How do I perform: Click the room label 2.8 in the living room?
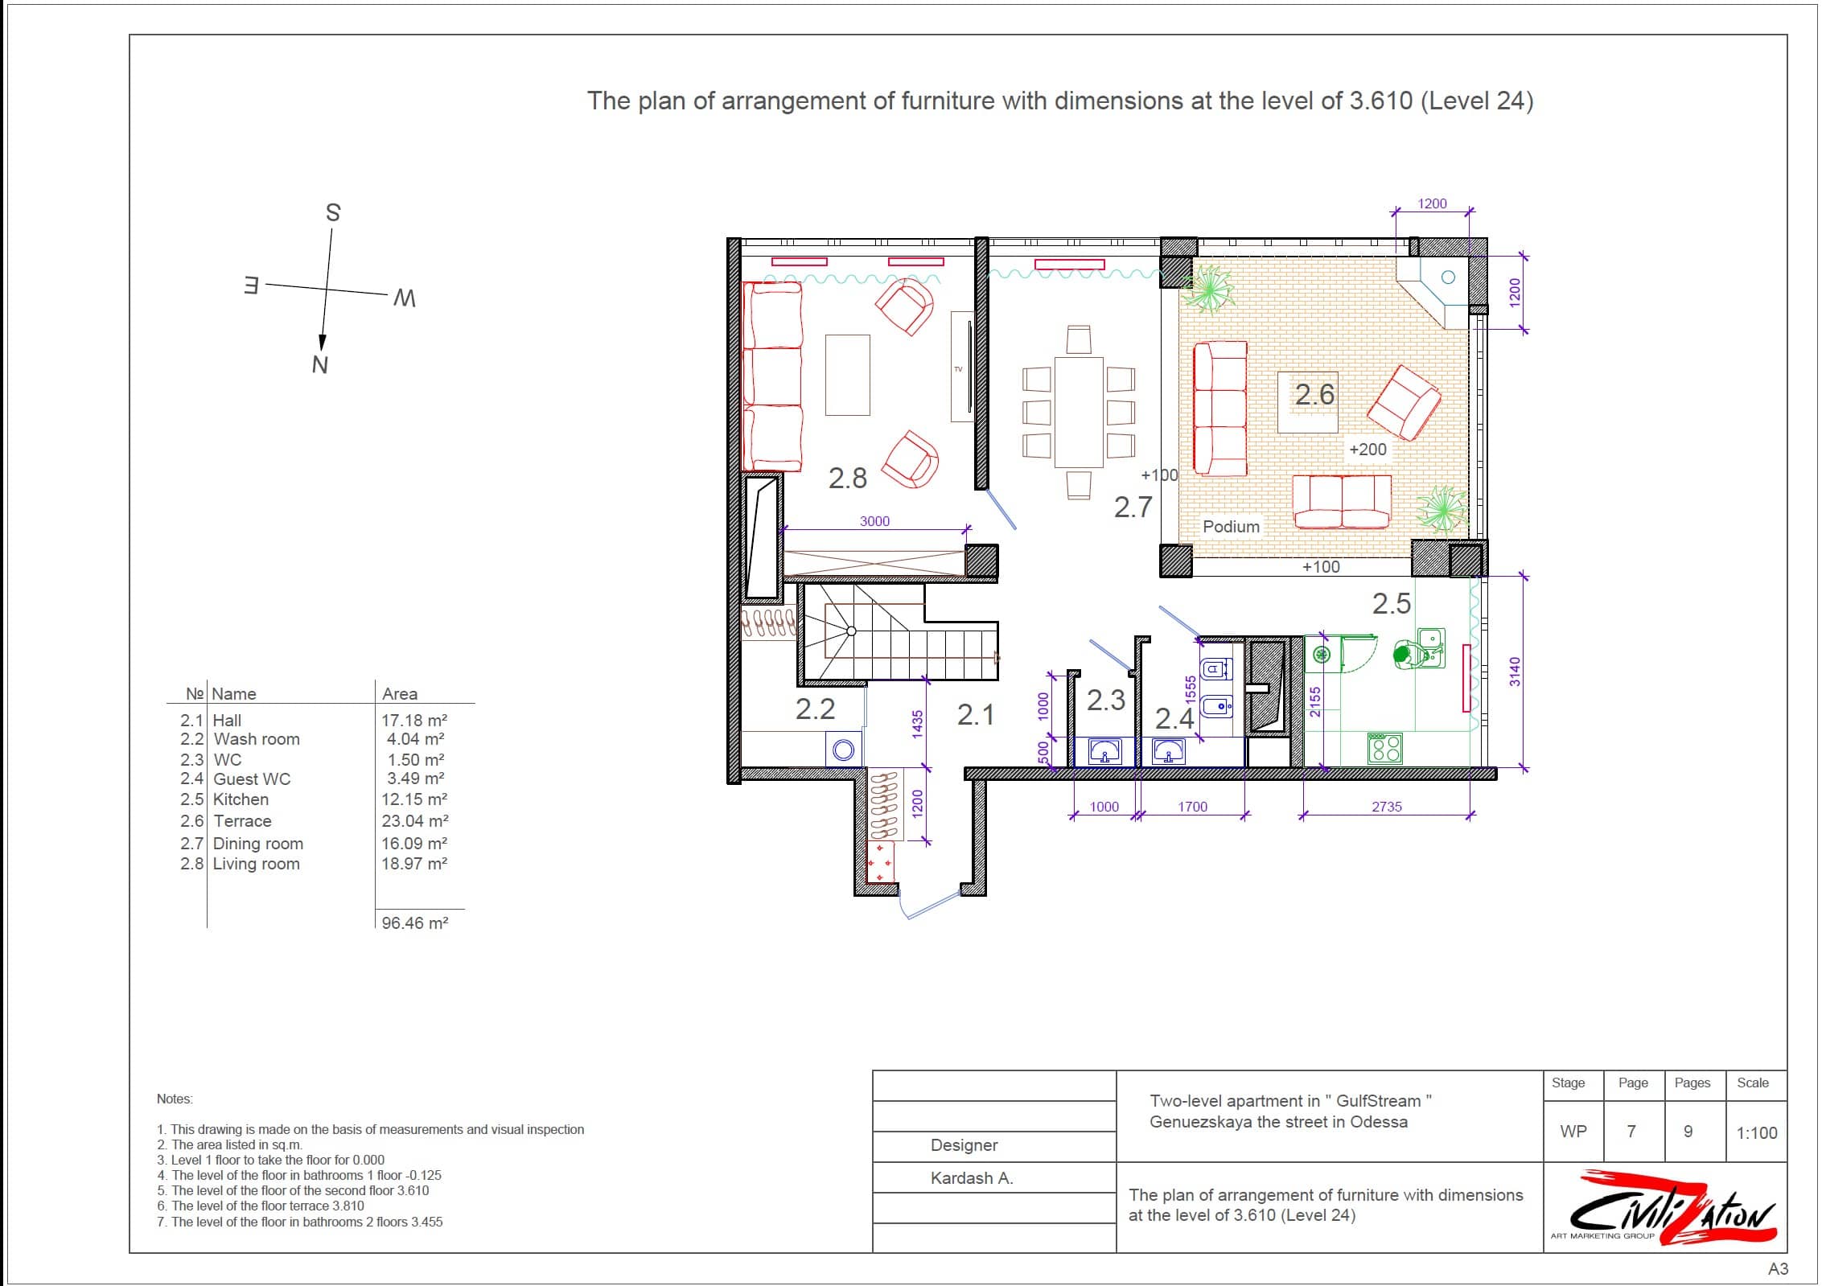click(848, 479)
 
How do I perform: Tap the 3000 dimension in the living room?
click(874, 521)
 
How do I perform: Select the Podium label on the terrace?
click(1231, 527)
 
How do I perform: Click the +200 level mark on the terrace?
click(1368, 450)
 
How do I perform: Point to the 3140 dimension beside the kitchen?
click(1515, 672)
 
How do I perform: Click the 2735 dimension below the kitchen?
click(1387, 807)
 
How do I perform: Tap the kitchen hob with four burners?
click(1385, 748)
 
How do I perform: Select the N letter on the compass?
click(319, 365)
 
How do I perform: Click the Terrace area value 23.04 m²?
click(415, 821)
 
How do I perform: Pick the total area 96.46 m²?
click(415, 923)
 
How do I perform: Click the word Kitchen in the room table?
click(241, 799)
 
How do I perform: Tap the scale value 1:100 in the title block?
click(1757, 1133)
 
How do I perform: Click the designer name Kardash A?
click(972, 1178)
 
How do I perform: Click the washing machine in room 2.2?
click(844, 750)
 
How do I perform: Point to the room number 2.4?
click(1174, 718)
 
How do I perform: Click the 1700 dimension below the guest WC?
click(1192, 807)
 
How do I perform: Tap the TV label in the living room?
click(958, 369)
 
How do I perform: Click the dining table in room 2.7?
click(1079, 413)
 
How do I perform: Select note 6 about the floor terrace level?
click(261, 1206)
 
